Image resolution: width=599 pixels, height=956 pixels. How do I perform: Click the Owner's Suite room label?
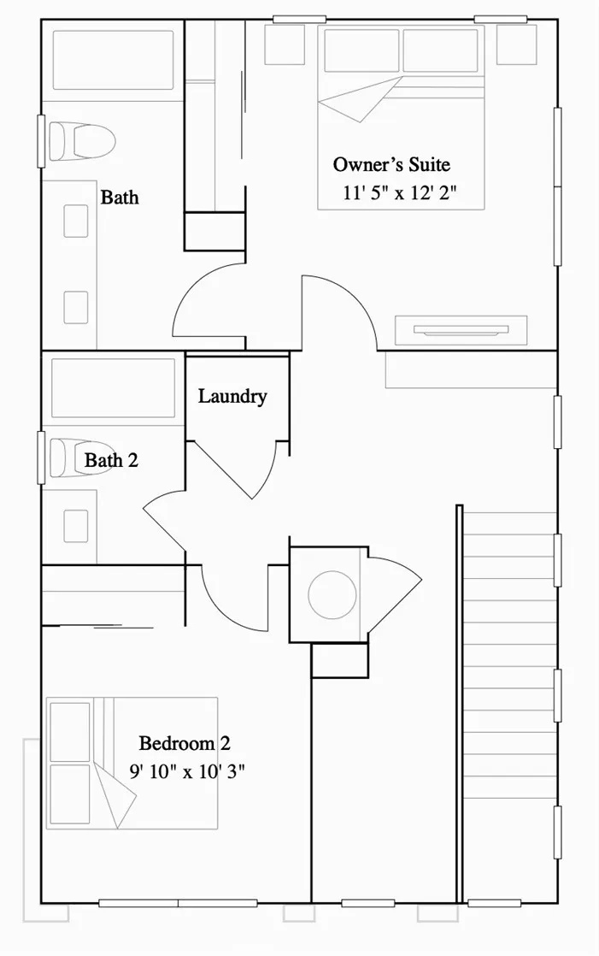392,165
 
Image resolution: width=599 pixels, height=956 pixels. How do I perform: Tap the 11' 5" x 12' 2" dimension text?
400,193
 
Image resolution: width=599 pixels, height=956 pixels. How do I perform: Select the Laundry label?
232,397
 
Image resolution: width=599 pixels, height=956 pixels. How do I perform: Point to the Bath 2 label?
112,460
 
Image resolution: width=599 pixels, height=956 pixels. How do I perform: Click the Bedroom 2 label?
185,743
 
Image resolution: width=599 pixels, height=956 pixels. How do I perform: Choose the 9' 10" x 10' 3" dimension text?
187,771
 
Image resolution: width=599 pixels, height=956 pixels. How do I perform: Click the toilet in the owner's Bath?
82,141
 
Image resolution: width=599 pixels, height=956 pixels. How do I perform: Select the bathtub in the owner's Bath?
114,61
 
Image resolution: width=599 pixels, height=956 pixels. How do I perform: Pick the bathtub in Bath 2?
114,388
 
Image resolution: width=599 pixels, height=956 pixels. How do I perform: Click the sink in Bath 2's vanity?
75,526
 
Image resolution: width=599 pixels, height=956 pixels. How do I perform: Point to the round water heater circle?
332,594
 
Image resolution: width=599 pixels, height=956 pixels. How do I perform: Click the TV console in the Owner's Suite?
461,330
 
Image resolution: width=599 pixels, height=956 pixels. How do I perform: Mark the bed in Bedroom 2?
132,763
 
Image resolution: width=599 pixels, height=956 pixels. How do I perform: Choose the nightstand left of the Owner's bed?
285,44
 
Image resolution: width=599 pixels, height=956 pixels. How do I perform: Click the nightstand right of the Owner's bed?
517,44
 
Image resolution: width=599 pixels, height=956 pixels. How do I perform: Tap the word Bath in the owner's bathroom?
120,198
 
